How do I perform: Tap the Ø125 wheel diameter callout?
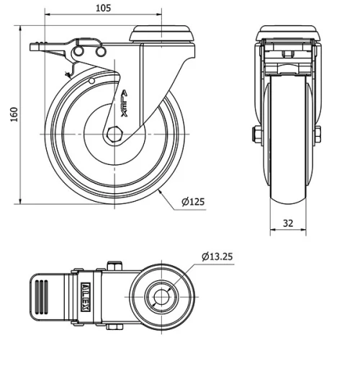point(193,202)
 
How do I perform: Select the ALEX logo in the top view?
point(86,295)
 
